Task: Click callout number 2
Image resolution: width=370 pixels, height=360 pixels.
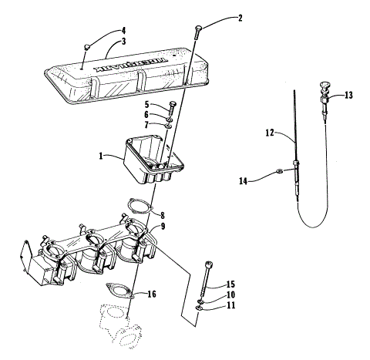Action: tap(218, 17)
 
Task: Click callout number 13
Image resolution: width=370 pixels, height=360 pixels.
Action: tap(349, 96)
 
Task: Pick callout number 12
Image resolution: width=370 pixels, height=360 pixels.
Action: tap(269, 133)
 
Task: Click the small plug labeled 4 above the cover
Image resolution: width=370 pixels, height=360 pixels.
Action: tap(87, 49)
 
